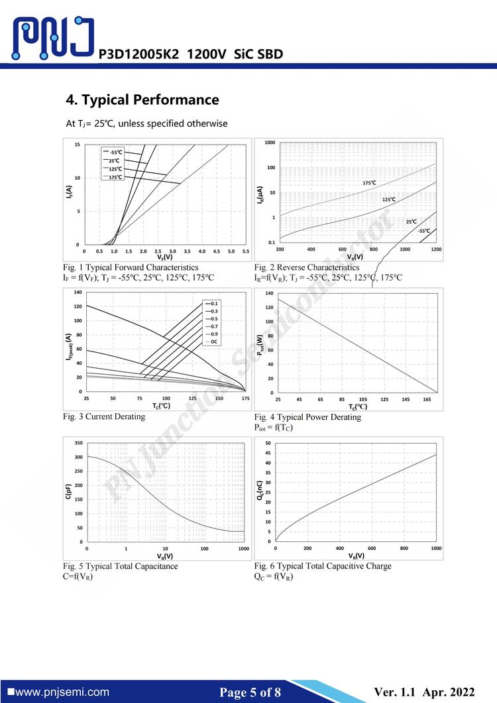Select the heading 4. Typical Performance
[x=142, y=100]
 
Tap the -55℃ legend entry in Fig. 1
[x=115, y=153]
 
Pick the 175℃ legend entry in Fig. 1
[x=115, y=177]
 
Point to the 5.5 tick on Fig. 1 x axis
[x=245, y=251]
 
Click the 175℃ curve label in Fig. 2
[x=369, y=182]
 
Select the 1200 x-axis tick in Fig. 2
[x=435, y=249]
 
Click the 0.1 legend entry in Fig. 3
[x=213, y=303]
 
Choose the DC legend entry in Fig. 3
[x=213, y=342]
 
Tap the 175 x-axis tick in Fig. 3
[x=245, y=399]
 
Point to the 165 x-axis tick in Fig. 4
[x=426, y=399]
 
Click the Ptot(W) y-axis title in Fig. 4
[x=260, y=345]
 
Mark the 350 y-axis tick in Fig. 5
[x=78, y=443]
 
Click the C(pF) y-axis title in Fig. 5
[x=69, y=492]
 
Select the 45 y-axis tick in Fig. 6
[x=268, y=453]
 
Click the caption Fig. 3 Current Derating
[x=104, y=416]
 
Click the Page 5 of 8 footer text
[x=250, y=693]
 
